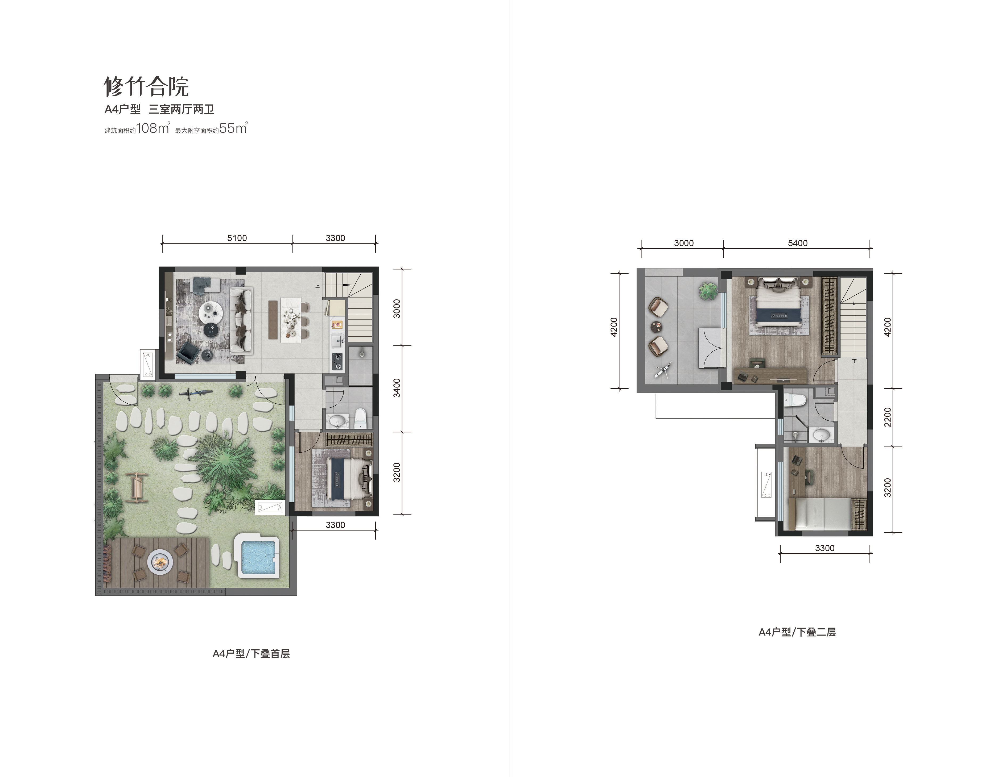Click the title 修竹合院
coord(146,86)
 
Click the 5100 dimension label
coord(237,238)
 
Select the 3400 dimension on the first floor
coord(397,388)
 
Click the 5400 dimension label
coord(797,243)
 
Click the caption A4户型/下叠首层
coord(251,654)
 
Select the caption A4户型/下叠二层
coord(797,632)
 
